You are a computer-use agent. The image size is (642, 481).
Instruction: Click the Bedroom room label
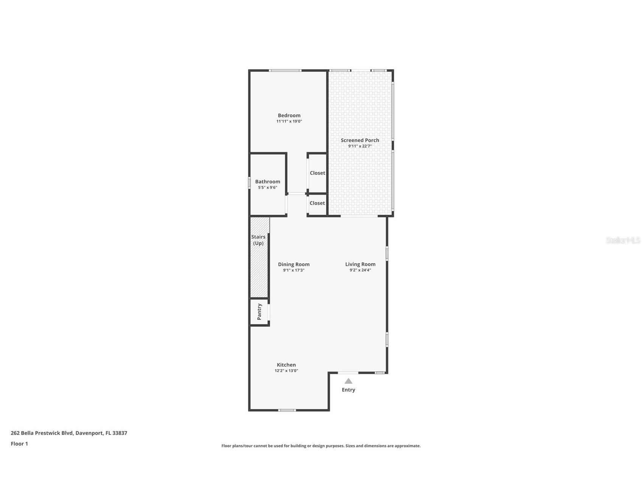pos(289,115)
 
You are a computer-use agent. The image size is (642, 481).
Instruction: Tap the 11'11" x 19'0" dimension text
pos(289,121)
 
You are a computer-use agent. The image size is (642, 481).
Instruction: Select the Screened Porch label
pos(360,140)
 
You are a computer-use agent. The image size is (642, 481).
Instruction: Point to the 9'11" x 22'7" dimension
pos(360,146)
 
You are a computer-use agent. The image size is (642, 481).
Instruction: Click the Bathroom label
pos(267,182)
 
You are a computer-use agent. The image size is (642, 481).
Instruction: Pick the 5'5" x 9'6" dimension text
pos(267,188)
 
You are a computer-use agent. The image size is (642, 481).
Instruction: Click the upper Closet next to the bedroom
pos(317,173)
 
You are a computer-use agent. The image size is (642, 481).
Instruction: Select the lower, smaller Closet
pos(317,203)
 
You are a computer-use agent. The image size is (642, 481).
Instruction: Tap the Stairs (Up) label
pos(258,240)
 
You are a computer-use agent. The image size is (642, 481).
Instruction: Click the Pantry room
pos(259,312)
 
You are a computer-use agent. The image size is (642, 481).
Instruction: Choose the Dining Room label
pos(294,264)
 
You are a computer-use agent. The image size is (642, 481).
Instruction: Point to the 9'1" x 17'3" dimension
pos(294,270)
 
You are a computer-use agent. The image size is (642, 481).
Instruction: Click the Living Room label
pos(360,264)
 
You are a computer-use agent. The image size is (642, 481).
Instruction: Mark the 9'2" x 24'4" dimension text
pos(360,270)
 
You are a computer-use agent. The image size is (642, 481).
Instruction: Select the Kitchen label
pos(286,365)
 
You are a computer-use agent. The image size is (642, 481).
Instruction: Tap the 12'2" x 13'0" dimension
pos(286,371)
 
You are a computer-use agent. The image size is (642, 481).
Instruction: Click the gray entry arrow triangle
pos(348,381)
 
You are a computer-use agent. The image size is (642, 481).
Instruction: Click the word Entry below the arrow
pos(348,390)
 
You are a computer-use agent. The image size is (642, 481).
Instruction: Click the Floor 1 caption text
pos(19,444)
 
